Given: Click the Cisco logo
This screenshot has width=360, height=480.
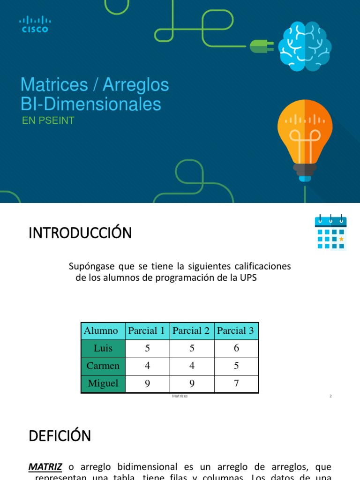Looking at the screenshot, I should point(35,24).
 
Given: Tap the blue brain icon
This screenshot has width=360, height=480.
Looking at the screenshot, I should point(305,47).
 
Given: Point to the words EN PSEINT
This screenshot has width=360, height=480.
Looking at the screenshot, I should point(48,120).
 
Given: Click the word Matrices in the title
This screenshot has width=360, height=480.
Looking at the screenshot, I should point(54,85).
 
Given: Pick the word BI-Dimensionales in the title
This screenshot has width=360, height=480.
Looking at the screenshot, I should point(90,104).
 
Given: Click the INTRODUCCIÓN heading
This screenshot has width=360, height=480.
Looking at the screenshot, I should point(80,233).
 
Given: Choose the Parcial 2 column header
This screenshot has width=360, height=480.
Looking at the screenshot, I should point(191,331).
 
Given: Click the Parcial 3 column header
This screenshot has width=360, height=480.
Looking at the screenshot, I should point(235,331).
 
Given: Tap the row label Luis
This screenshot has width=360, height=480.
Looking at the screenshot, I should point(103,348).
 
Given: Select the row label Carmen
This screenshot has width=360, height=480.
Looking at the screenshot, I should point(103,366).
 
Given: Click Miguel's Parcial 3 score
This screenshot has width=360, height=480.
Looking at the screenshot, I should point(236,383).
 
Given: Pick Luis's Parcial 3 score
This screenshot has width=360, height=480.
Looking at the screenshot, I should point(236,348).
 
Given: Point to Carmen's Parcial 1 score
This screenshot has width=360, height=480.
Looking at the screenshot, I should point(147,366).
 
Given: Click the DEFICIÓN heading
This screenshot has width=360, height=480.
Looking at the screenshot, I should point(60,436).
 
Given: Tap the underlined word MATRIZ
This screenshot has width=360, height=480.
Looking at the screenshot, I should point(45,467).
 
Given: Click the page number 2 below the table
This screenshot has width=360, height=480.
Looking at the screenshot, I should point(330,396).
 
